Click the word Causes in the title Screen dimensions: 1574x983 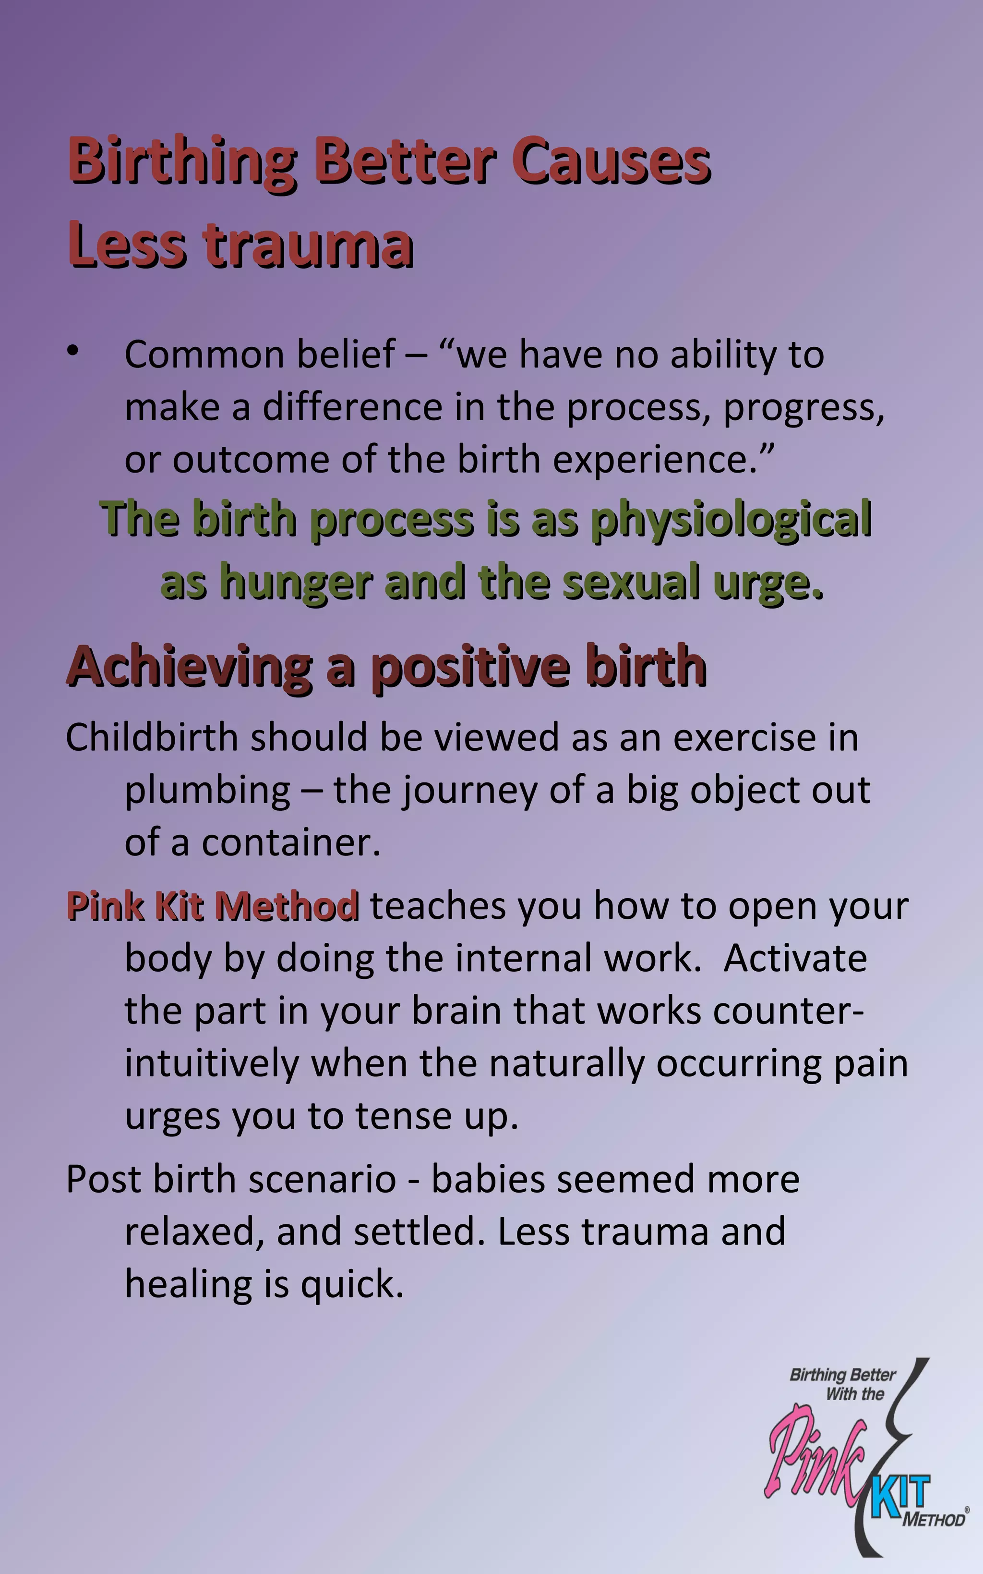coord(611,161)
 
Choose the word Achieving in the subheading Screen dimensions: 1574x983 coord(189,667)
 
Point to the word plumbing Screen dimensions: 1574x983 coord(207,792)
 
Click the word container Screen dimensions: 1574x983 coord(290,843)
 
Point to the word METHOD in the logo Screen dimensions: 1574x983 coord(934,1520)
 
